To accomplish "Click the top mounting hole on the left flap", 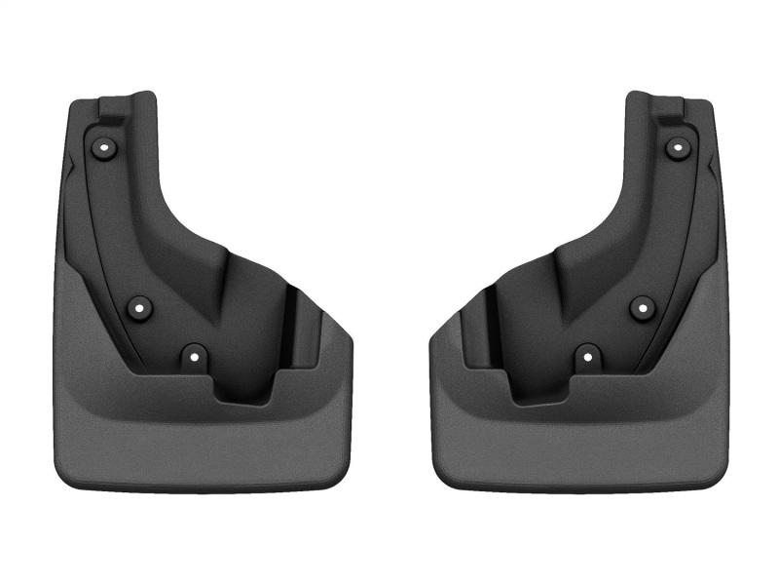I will [104, 147].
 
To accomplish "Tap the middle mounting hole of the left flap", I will [139, 308].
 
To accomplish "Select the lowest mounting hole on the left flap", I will [194, 356].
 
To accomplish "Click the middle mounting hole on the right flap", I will [641, 308].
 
